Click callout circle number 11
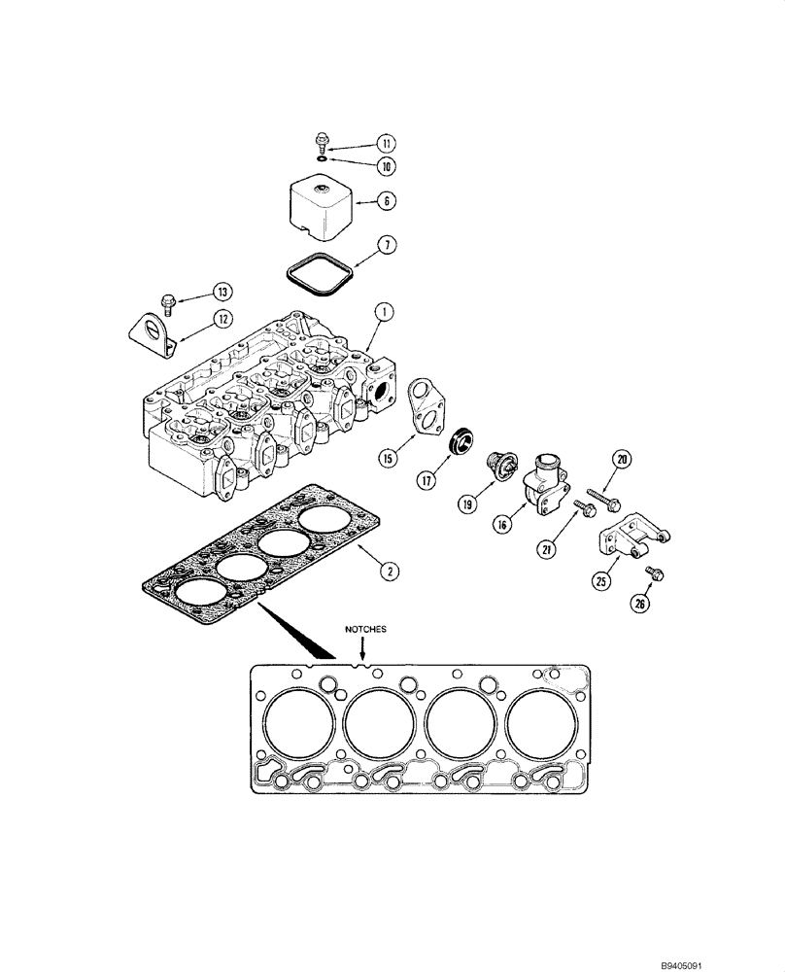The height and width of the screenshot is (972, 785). [360, 142]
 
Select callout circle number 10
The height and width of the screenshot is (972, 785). [360, 166]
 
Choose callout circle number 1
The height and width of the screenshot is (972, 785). [386, 312]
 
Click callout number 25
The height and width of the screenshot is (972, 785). [601, 582]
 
